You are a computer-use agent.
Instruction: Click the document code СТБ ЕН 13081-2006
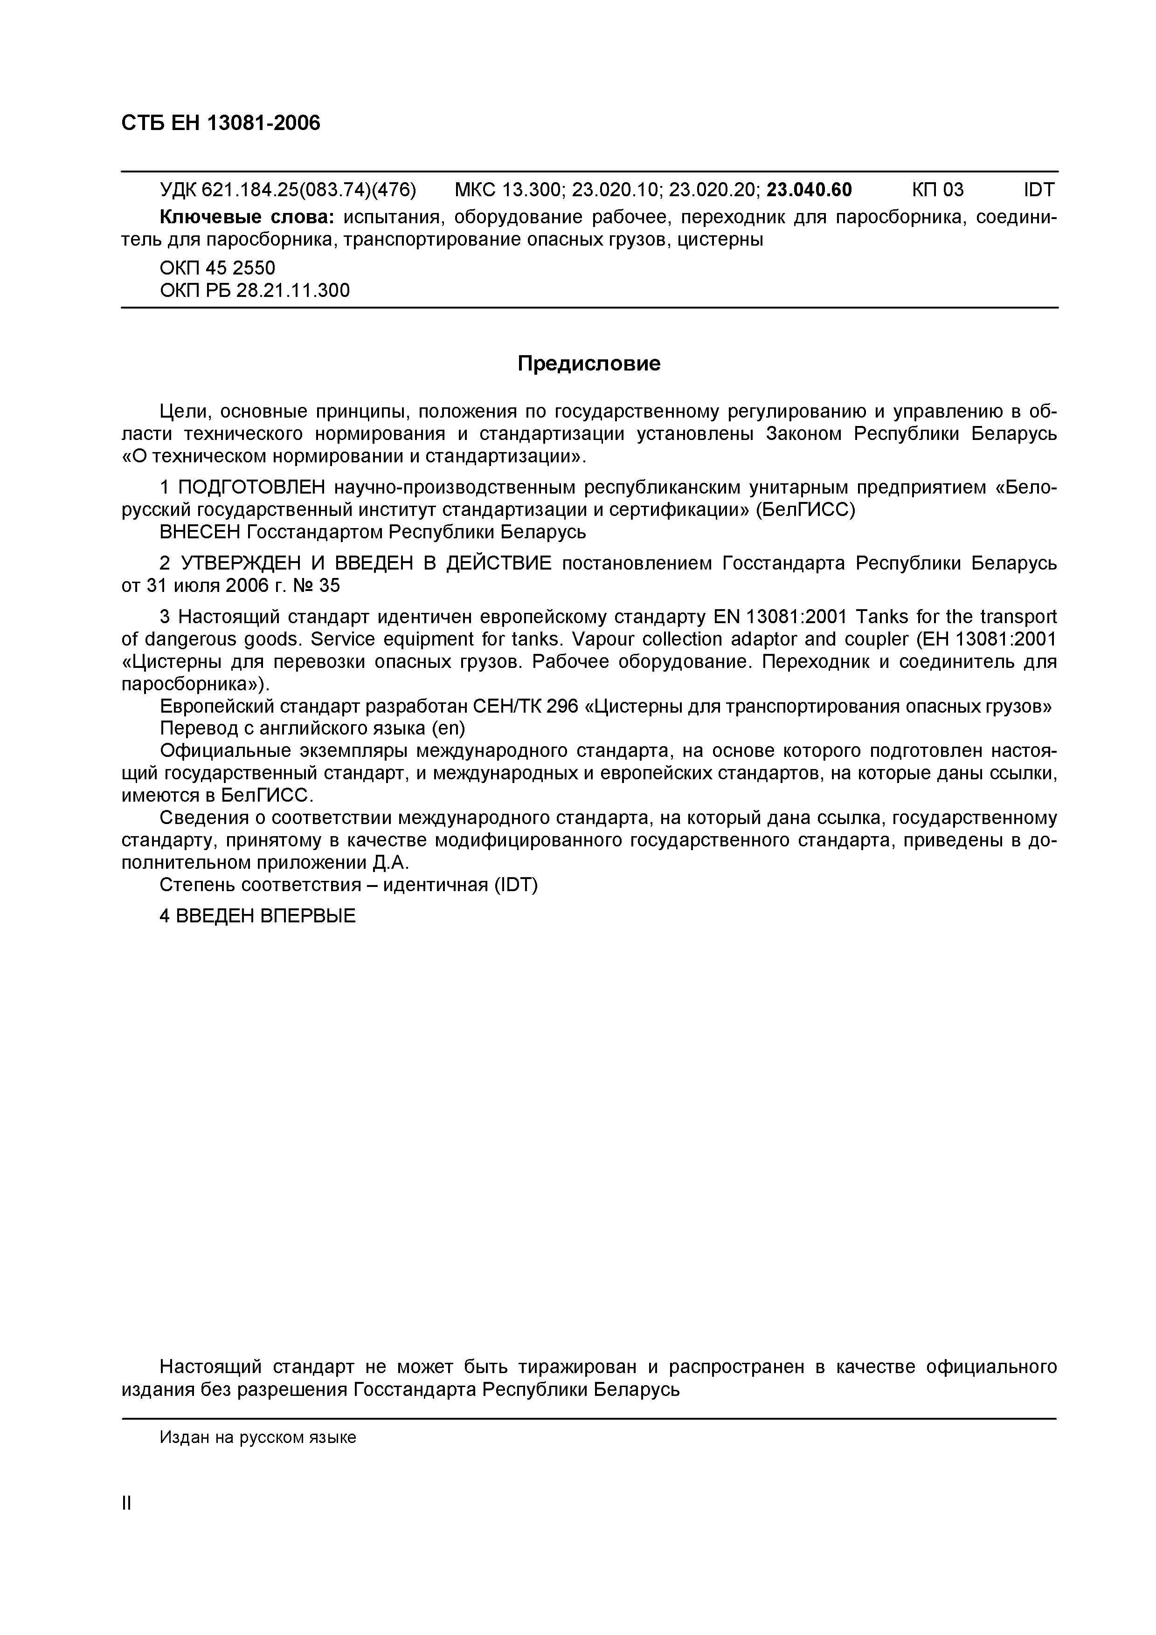[221, 123]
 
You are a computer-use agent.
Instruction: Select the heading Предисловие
[588, 364]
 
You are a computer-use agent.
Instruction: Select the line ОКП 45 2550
[217, 268]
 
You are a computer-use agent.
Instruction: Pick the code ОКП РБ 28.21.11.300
[254, 290]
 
